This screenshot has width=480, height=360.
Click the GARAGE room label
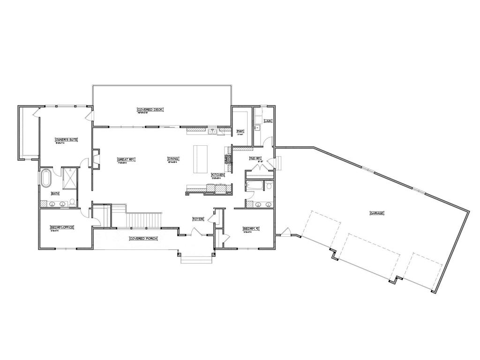tap(377, 213)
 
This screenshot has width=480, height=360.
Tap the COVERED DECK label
tap(150, 109)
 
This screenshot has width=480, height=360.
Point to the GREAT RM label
tap(126, 159)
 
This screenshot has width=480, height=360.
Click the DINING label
tap(172, 159)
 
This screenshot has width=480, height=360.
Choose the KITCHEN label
tap(218, 174)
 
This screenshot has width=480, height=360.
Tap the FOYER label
tap(198, 219)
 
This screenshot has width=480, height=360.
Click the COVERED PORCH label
tap(143, 238)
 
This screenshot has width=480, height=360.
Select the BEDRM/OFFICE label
tap(62, 228)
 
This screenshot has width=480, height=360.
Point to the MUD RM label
tap(255, 158)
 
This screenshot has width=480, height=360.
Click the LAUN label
tap(268, 120)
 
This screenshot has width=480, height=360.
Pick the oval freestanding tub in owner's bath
tap(46, 179)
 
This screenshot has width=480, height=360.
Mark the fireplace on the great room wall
tap(96, 158)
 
